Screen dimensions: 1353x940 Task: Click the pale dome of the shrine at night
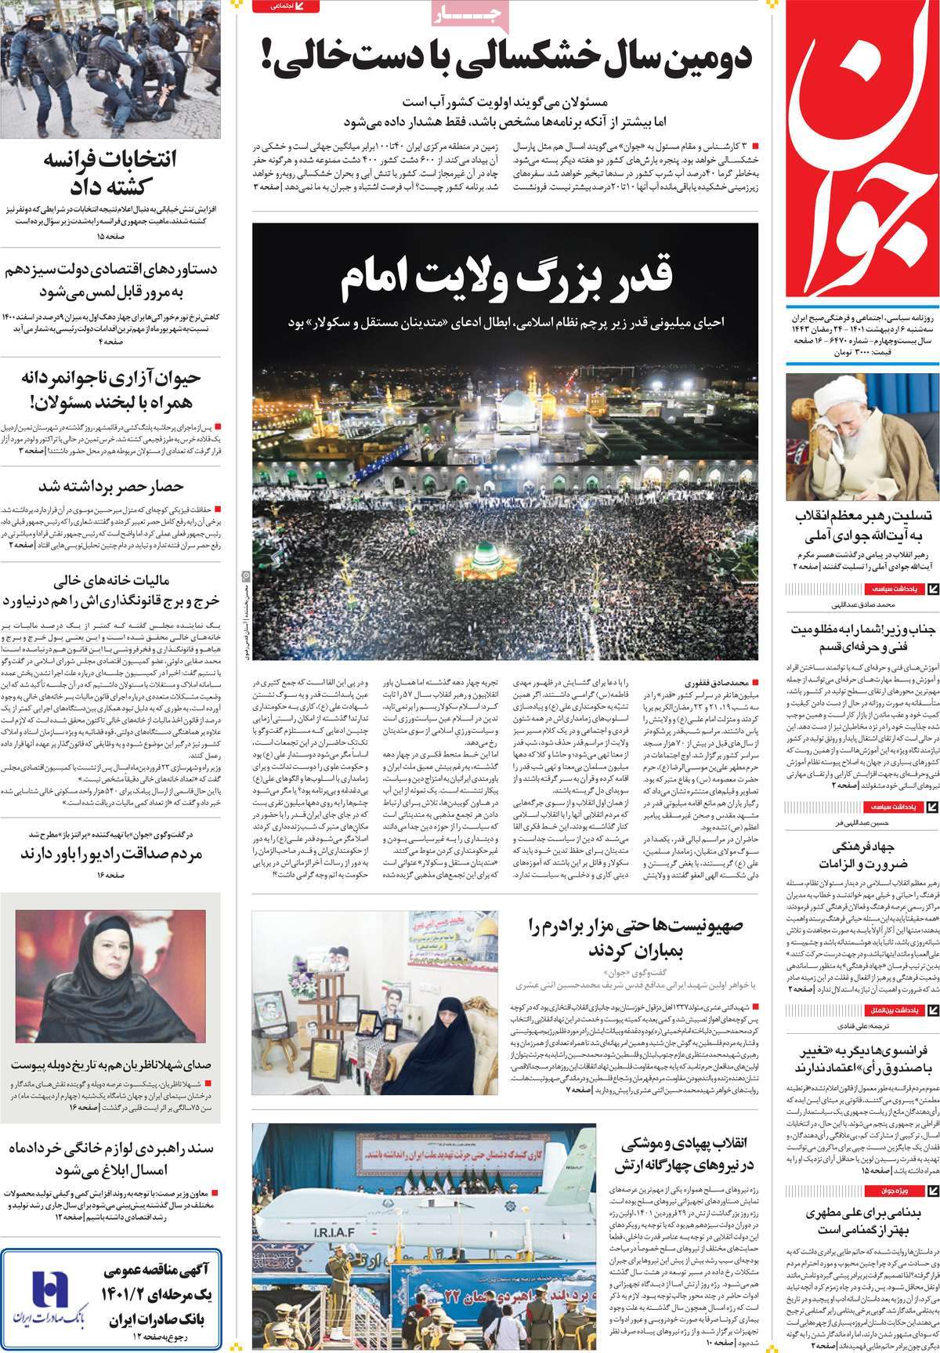pyautogui.click(x=506, y=408)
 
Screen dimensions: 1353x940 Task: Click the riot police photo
pyautogui.click(x=110, y=69)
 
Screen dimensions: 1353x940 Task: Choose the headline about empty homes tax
pyautogui.click(x=110, y=591)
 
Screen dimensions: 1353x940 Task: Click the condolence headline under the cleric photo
pyautogui.click(x=862, y=527)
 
